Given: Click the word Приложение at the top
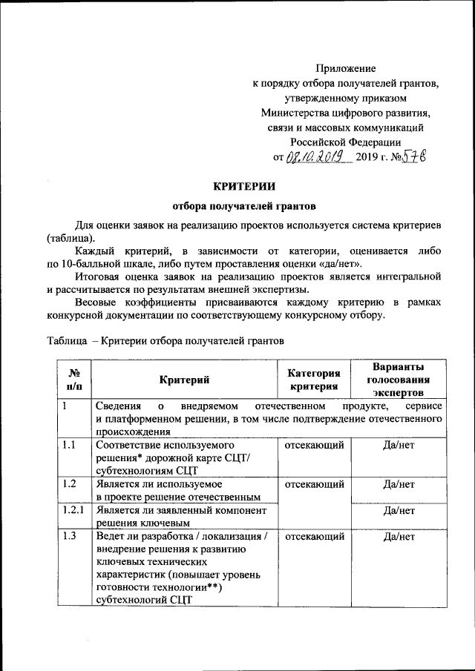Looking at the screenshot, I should [x=345, y=68].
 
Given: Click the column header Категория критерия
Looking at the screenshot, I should [x=313, y=380].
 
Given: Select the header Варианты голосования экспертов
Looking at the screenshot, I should [x=399, y=380].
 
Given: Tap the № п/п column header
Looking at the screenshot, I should [x=74, y=380].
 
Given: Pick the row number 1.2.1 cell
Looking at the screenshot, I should [x=74, y=510].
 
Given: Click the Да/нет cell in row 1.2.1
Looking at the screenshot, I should [x=399, y=510].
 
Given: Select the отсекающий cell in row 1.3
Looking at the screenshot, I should [x=314, y=537].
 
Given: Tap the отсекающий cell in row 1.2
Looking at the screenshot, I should [x=314, y=484].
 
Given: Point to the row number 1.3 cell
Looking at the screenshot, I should [x=71, y=537].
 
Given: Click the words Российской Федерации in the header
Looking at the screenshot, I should [x=345, y=142].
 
